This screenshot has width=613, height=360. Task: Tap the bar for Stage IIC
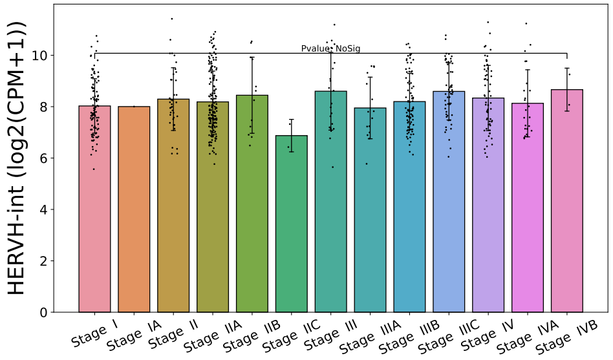coord(292,226)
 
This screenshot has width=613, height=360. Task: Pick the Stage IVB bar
coord(567,207)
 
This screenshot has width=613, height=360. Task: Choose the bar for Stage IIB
coord(252,207)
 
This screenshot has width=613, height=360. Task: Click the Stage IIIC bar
coord(449,207)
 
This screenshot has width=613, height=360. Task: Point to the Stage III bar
coord(331,207)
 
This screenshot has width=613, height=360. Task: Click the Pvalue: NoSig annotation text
coord(326,48)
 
